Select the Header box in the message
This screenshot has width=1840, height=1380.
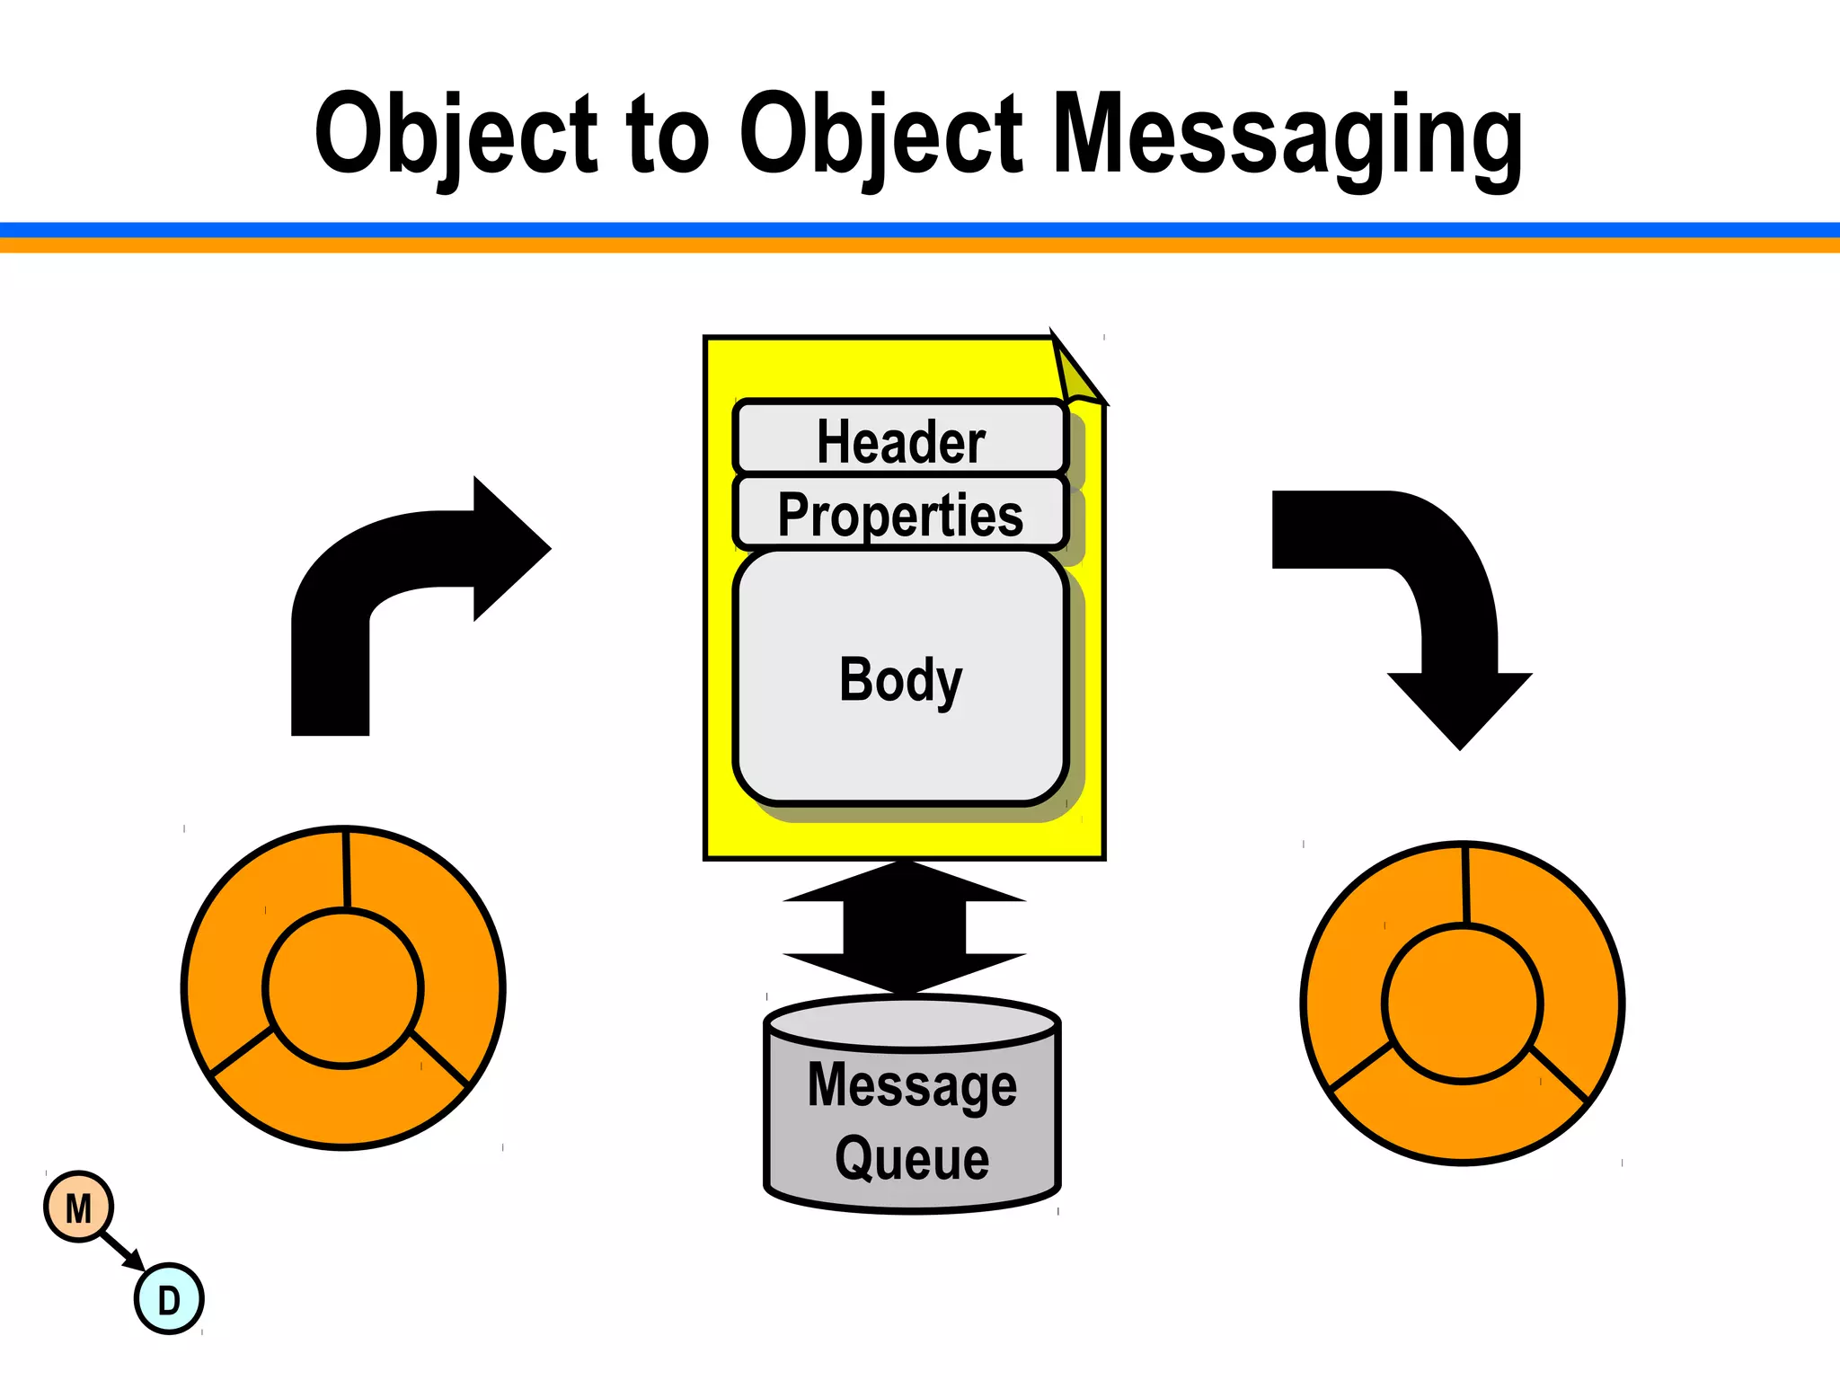pyautogui.click(x=900, y=438)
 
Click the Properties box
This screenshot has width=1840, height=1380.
pyautogui.click(x=900, y=513)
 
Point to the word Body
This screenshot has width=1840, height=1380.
pyautogui.click(x=900, y=679)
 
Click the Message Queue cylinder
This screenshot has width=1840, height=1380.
pyautogui.click(x=912, y=1105)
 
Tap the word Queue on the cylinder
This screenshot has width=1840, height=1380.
pyautogui.click(x=912, y=1159)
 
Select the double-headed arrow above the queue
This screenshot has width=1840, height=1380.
pyautogui.click(x=905, y=927)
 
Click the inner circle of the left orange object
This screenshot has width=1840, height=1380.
pyautogui.click(x=343, y=987)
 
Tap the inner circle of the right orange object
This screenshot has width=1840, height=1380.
pyautogui.click(x=1462, y=1003)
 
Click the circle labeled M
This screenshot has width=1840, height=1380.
pyautogui.click(x=79, y=1207)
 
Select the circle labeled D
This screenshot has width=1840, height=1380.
pyautogui.click(x=169, y=1299)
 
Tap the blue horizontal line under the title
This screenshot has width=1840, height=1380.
pyautogui.click(x=920, y=230)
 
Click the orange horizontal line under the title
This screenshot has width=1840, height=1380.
pyautogui.click(x=920, y=245)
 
